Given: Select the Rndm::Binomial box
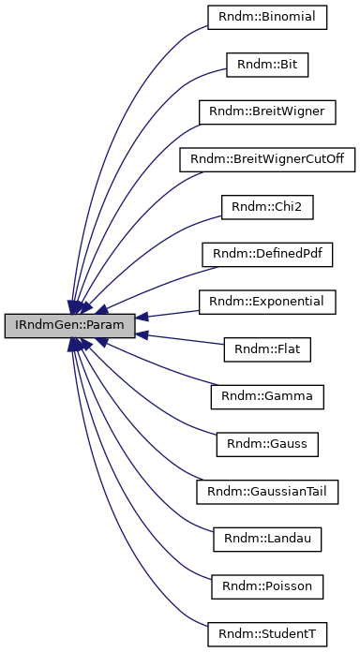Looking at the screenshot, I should click(267, 16).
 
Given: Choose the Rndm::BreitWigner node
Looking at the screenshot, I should click(267, 111).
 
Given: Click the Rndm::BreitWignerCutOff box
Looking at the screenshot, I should click(267, 158).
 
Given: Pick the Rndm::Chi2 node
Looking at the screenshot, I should click(267, 206).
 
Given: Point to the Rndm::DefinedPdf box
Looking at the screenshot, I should click(267, 254).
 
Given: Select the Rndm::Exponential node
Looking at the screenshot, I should click(267, 302).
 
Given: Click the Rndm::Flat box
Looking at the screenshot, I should click(267, 349).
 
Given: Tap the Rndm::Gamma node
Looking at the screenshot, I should click(267, 397).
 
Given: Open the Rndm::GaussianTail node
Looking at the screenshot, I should click(267, 492).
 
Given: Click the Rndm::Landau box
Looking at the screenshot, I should click(267, 540).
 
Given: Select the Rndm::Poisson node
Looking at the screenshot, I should click(267, 587).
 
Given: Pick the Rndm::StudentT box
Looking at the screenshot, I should click(267, 634).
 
